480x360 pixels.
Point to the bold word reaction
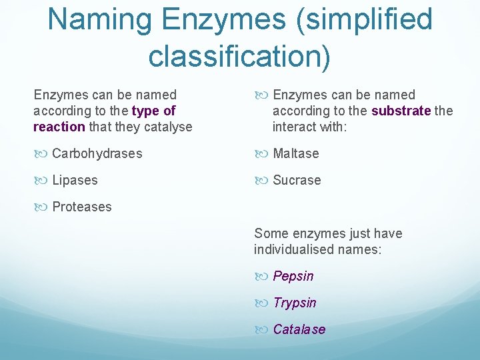point(59,127)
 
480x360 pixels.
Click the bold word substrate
point(401,111)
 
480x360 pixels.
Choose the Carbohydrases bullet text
point(97,153)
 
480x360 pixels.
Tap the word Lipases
point(75,180)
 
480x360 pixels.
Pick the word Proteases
point(82,207)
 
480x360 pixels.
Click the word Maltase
point(296,153)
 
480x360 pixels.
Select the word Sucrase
point(297,180)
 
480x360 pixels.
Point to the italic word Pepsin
point(293,276)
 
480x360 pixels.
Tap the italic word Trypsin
point(295,303)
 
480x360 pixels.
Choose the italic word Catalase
point(299,329)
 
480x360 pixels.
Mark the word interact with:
point(309,127)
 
